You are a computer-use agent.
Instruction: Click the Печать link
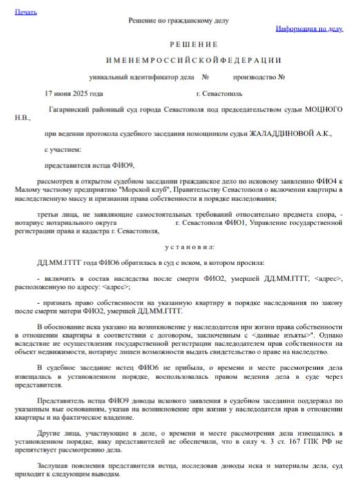coord(26,12)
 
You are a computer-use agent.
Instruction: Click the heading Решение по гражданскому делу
coord(178,21)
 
